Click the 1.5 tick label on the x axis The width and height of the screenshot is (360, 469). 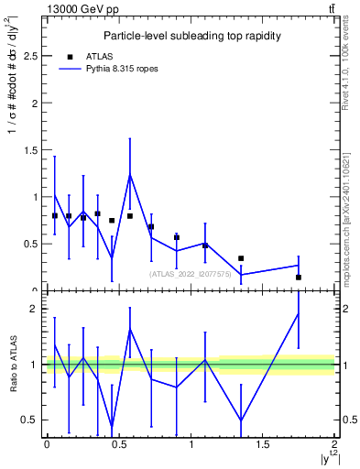(263, 445)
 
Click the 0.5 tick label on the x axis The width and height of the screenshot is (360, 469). (118, 445)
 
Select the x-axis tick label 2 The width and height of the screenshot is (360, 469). (335, 445)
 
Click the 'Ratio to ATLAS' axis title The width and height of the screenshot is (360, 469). (12, 365)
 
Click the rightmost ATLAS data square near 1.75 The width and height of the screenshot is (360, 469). (299, 277)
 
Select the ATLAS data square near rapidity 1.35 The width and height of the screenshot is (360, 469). (241, 258)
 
